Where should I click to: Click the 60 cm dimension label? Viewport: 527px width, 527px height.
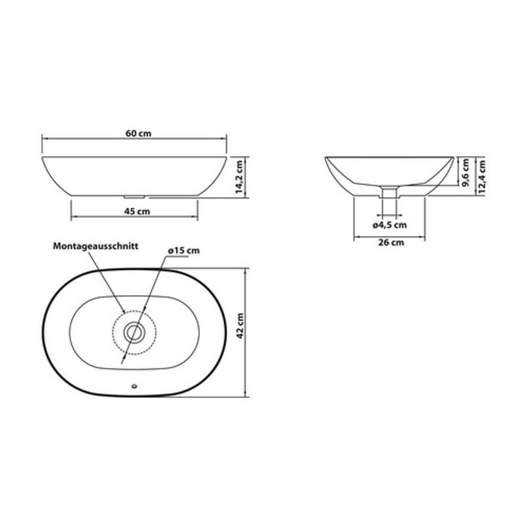coord(138,134)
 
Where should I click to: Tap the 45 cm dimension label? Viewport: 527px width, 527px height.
coord(137,211)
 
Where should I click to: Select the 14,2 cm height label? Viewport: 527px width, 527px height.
coord(239,177)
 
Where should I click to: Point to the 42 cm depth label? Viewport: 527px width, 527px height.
coord(240,325)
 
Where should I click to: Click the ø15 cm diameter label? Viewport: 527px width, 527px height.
coord(184,251)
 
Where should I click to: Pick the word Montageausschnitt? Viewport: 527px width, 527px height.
coord(96,246)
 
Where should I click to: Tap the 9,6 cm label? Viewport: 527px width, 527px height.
coord(465,173)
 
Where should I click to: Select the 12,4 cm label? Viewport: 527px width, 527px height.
coord(482,177)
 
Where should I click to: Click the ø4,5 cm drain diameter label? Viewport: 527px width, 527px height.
coord(389,225)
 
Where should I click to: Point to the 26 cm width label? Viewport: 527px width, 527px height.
coord(391,242)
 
